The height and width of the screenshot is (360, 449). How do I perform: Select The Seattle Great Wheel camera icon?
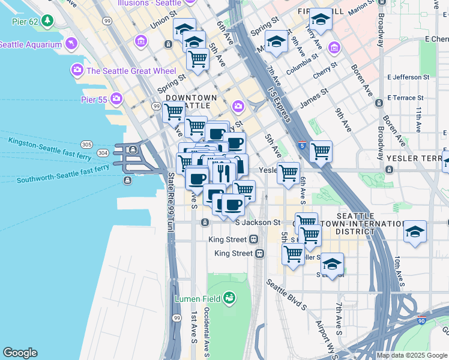coord(77,71)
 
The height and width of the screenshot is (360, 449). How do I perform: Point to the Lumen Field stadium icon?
coord(228,298)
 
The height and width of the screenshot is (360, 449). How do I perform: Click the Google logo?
coord(20,353)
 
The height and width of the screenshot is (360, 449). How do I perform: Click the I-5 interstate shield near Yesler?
coord(302,145)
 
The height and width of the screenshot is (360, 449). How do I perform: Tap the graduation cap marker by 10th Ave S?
coord(415,232)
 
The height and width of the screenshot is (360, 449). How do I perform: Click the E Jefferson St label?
coord(409,77)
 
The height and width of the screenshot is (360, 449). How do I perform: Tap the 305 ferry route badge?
coord(86,145)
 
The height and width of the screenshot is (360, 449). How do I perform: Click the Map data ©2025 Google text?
coord(412,355)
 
